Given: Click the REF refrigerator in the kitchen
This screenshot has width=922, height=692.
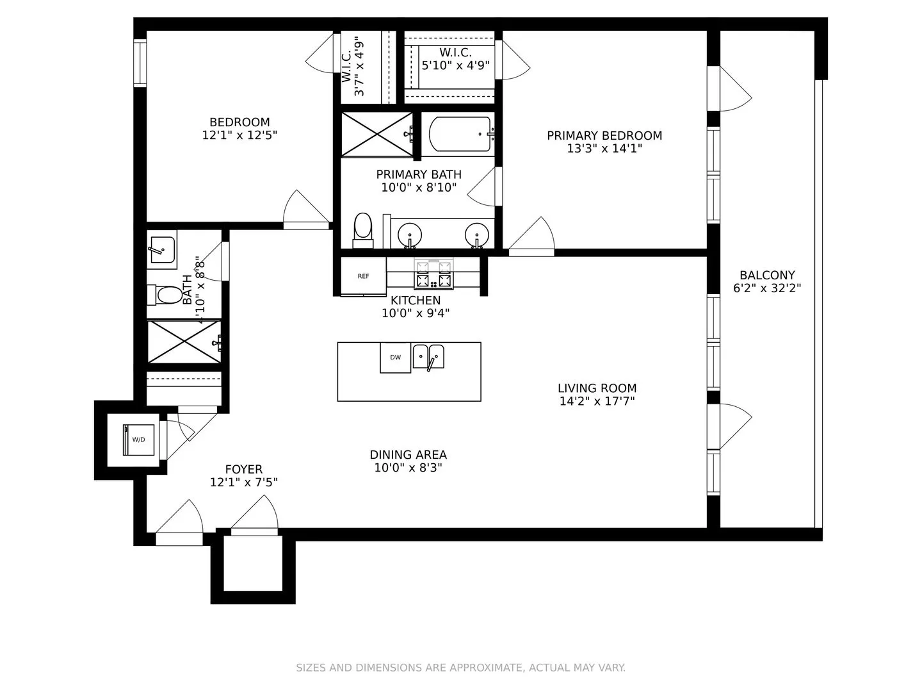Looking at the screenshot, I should [363, 276].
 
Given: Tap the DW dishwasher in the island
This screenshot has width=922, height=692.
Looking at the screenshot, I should [395, 358].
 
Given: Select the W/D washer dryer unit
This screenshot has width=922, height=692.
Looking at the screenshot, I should [139, 440].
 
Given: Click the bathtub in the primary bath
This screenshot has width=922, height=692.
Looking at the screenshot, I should [460, 134].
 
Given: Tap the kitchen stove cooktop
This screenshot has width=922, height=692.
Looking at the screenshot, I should [433, 274].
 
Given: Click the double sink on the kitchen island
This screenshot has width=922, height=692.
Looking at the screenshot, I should [428, 356].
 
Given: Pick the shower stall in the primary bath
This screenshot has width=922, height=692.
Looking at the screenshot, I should [376, 134].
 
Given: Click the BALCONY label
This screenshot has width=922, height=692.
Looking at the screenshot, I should [767, 275].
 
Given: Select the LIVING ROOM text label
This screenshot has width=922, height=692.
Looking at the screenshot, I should [597, 388].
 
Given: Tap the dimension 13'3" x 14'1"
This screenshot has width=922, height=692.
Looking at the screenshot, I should [604, 149].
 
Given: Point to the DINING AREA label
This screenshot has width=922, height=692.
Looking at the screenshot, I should [408, 454].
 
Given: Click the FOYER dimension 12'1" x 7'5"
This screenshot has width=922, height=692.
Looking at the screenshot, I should [243, 482].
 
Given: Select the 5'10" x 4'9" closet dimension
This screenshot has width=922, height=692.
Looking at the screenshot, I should [455, 65].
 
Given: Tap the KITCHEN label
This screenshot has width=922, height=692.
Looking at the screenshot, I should [416, 300].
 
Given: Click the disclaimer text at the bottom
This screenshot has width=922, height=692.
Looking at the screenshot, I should [460, 668].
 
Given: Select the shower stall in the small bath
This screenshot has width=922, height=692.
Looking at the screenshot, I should [184, 342].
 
